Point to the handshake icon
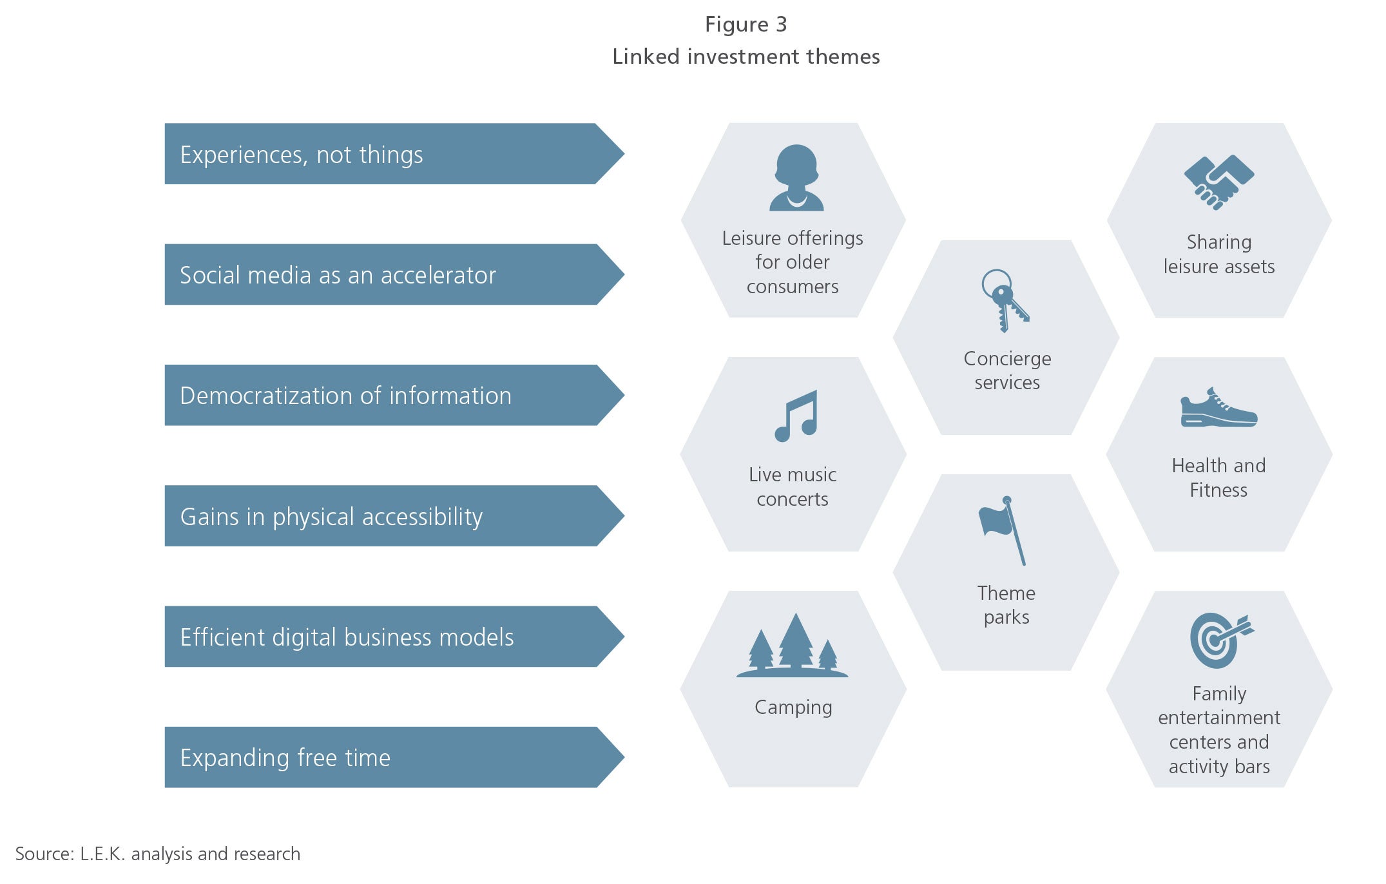1219,182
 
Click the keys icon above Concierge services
1004,301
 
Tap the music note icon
796,416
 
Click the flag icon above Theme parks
1003,530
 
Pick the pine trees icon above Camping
793,645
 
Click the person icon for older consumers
796,178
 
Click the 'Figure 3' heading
746,24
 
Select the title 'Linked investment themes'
746,57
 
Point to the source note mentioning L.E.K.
158,854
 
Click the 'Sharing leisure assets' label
1219,254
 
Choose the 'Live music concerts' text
793,486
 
